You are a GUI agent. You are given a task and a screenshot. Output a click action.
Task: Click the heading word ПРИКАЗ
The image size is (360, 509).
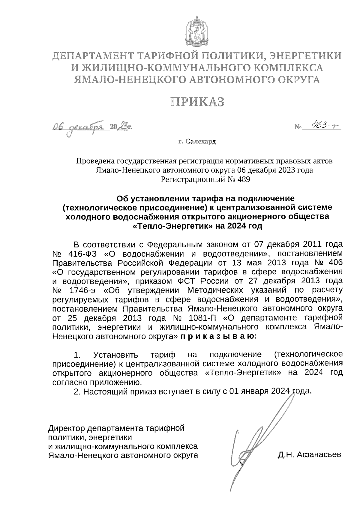[197, 102]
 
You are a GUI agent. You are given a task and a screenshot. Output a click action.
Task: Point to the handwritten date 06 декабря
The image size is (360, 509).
[78, 127]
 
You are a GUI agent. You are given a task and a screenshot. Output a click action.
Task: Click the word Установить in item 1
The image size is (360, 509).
[116, 355]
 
